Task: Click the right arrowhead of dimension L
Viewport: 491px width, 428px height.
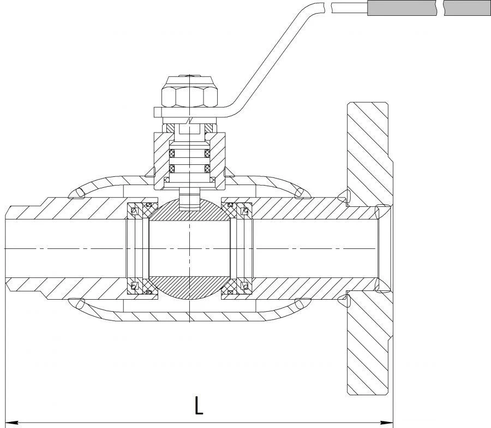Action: pyautogui.click(x=388, y=421)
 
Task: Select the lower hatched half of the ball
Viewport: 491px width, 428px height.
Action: pyautogui.click(x=189, y=286)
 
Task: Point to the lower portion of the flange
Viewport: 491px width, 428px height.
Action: pyautogui.click(x=367, y=344)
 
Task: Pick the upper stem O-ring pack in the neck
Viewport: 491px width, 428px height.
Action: pyautogui.click(x=189, y=151)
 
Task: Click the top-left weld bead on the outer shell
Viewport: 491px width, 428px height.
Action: pyautogui.click(x=80, y=192)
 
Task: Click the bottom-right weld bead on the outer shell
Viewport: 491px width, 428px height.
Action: pyautogui.click(x=298, y=304)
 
